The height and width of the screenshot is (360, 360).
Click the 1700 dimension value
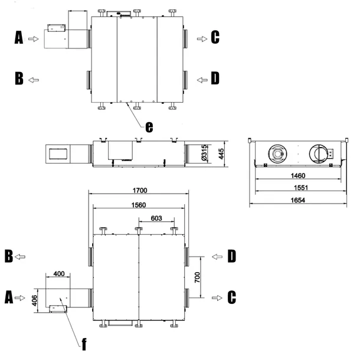coord(140,191)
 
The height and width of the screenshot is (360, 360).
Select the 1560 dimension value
coord(139,205)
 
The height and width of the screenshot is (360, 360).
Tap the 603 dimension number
coord(156,218)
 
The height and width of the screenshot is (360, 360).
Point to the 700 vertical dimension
coord(197,277)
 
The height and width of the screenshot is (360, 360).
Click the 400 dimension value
coord(59,274)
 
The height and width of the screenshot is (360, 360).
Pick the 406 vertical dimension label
coord(34,300)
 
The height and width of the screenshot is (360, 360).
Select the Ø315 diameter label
coord(204,153)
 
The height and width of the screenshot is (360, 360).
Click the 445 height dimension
coord(221,154)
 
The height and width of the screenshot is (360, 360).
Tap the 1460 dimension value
coord(298,176)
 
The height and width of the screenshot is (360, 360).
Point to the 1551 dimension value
coord(301,188)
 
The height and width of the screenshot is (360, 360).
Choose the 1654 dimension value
coord(298,200)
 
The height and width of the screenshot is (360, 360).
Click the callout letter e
coord(149,127)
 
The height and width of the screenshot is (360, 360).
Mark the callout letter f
coord(84,343)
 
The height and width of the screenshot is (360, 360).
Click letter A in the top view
coord(19,37)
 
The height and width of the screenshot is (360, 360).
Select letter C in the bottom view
coord(232,297)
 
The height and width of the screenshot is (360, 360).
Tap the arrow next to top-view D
coord(202,80)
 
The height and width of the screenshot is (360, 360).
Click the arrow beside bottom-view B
coord(20,257)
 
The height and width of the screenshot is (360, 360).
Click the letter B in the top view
coord(19,78)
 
